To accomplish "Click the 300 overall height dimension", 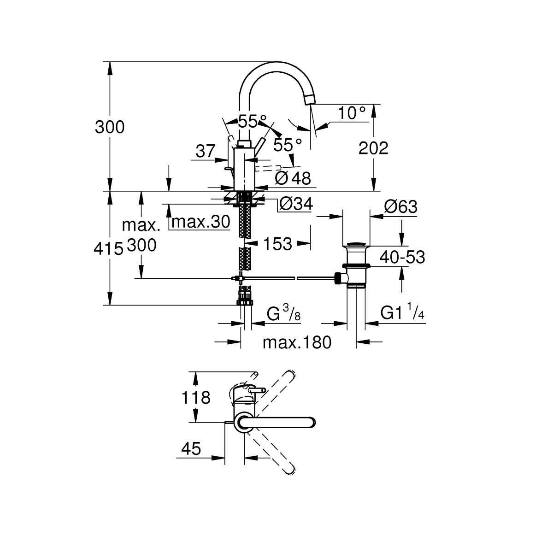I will point(110,127).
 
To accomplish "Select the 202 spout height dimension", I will point(374,148).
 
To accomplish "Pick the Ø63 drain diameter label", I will point(400,207).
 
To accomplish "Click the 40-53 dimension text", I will point(402,257).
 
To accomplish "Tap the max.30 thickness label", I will point(200,222).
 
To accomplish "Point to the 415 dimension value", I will point(108,249).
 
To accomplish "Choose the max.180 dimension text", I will point(297,342).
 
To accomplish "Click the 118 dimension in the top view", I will point(196,397).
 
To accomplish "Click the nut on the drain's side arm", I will point(340,278).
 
